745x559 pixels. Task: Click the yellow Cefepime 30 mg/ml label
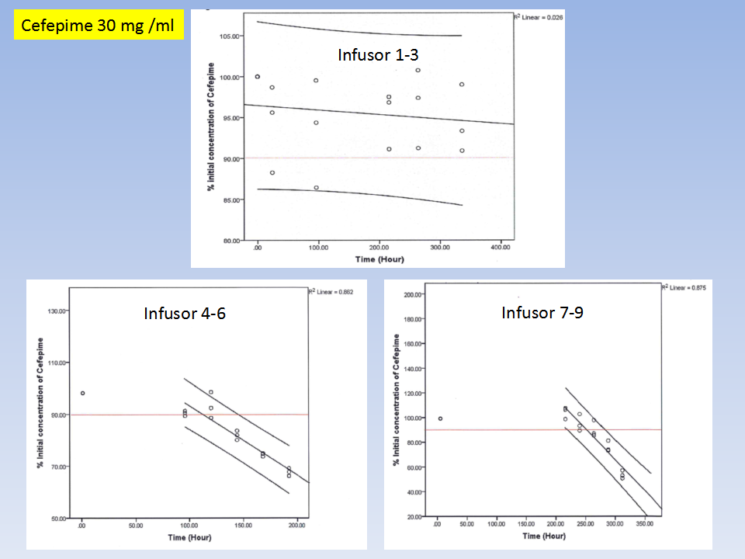click(99, 26)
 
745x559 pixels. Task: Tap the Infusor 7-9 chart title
click(542, 313)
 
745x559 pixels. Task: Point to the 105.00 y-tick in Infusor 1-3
click(228, 36)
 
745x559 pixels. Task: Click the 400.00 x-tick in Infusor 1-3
click(500, 248)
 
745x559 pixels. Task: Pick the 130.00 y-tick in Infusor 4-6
click(57, 311)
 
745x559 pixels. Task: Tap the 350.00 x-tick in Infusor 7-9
click(644, 525)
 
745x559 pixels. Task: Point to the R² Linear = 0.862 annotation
click(332, 292)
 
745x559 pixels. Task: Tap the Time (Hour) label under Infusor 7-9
click(543, 536)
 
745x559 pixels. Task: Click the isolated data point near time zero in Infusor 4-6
click(82, 393)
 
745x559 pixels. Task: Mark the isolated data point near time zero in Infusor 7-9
click(440, 418)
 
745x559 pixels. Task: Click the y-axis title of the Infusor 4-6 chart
click(40, 404)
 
